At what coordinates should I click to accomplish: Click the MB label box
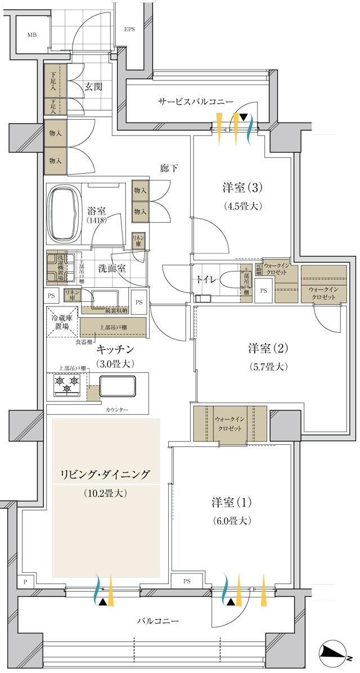31,35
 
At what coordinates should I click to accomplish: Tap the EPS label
130,30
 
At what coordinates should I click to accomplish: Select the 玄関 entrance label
93,87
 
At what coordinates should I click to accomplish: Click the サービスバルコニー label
195,102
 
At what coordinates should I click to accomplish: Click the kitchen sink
118,387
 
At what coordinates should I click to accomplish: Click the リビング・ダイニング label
105,475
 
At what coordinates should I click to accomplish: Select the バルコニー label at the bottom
158,621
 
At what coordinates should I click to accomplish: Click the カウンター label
116,410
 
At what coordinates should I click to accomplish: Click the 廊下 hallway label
169,168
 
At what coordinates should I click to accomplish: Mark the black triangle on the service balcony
244,118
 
